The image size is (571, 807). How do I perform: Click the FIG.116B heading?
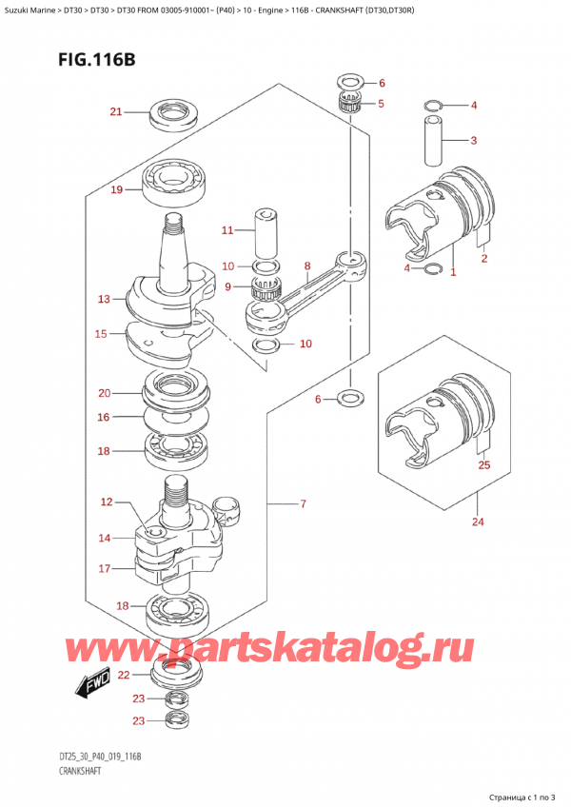pyautogui.click(x=97, y=60)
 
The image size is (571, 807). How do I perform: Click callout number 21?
pyautogui.click(x=116, y=111)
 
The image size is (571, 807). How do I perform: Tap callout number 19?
pyautogui.click(x=117, y=190)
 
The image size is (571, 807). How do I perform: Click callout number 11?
pyautogui.click(x=227, y=230)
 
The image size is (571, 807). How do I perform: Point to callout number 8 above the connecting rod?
pyautogui.click(x=307, y=266)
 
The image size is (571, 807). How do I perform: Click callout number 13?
pyautogui.click(x=104, y=299)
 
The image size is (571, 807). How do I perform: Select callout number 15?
pyautogui.click(x=101, y=334)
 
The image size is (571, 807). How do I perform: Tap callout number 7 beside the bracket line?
pyautogui.click(x=303, y=503)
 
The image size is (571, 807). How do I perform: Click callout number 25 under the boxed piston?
pyautogui.click(x=484, y=465)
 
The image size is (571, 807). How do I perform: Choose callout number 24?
pyautogui.click(x=478, y=522)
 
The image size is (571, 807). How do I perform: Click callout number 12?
pyautogui.click(x=107, y=502)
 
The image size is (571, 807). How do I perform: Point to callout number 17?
pyautogui.click(x=105, y=569)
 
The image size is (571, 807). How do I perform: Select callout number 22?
pyautogui.click(x=124, y=675)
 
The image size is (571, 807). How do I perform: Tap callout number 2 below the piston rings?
pyautogui.click(x=484, y=258)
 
